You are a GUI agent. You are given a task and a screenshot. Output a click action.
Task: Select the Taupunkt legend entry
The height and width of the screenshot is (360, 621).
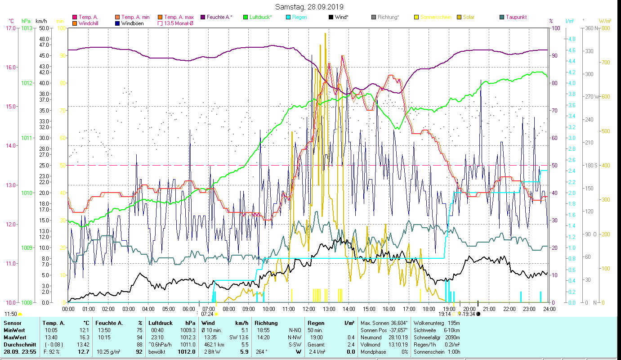click(x=516, y=17)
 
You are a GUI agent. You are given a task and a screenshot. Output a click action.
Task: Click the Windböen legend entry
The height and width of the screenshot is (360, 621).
click(x=132, y=23)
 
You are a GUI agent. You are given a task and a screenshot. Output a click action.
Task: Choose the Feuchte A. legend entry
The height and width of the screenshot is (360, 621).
click(x=219, y=17)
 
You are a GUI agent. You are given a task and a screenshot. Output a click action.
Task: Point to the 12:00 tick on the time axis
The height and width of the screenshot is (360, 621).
click(x=309, y=309)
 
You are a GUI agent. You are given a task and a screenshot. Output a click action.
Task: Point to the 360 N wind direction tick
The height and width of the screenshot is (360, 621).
click(x=592, y=28)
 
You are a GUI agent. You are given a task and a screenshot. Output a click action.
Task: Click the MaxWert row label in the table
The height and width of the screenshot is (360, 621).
click(x=14, y=337)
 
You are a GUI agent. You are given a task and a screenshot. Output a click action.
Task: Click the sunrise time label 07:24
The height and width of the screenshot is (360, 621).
click(x=207, y=314)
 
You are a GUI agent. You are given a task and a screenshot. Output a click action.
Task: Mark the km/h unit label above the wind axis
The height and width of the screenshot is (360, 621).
click(x=41, y=21)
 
